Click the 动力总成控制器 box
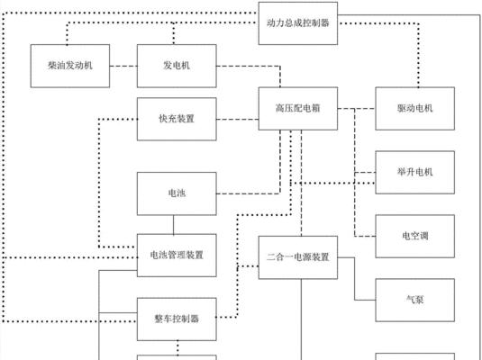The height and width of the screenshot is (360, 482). (298, 23)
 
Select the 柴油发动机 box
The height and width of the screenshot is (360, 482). (70, 66)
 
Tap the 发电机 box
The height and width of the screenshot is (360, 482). (177, 66)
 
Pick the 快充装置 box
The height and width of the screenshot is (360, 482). (177, 119)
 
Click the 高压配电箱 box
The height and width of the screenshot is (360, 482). (298, 108)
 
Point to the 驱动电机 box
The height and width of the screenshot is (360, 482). (415, 108)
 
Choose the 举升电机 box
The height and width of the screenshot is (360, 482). (415, 172)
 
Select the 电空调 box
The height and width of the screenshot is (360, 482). (415, 236)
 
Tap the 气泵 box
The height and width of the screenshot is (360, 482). (415, 300)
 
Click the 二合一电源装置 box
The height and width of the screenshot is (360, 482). (298, 257)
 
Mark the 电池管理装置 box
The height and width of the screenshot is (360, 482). (177, 256)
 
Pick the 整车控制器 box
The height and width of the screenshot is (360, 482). (177, 319)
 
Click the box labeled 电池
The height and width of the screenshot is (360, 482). (177, 193)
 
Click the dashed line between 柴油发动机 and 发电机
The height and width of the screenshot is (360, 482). (123, 66)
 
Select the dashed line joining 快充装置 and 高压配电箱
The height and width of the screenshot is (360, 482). (237, 119)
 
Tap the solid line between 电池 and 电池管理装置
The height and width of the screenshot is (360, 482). (173, 224)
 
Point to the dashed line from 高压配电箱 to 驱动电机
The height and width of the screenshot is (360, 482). (357, 108)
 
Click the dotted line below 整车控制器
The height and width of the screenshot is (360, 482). (177, 348)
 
